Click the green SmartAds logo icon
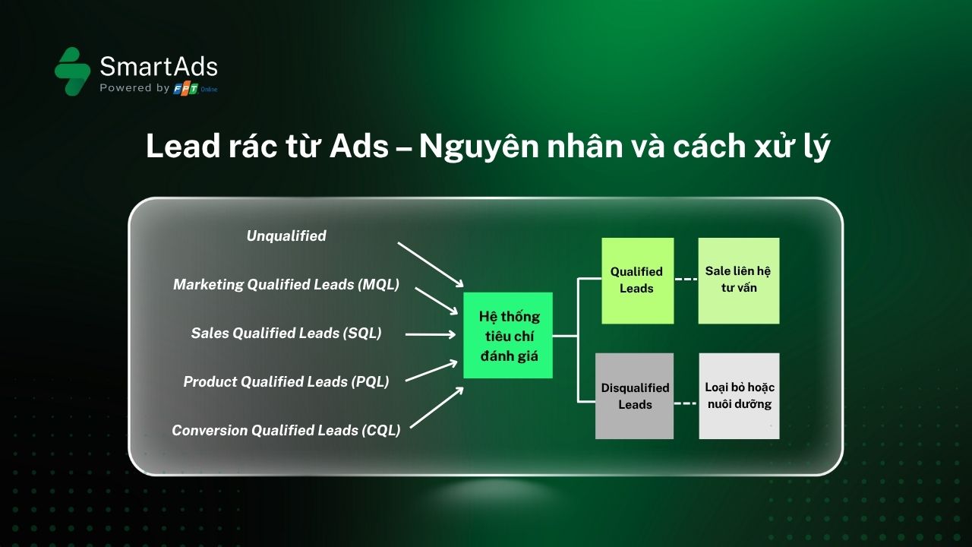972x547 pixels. [x=72, y=71]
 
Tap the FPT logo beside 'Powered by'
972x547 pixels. [x=186, y=89]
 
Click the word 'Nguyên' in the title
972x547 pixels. [x=478, y=147]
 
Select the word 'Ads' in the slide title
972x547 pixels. [x=359, y=147]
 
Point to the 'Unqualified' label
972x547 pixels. [x=286, y=236]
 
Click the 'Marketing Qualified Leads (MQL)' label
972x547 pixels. [x=286, y=284]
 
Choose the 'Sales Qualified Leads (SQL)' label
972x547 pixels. [x=286, y=333]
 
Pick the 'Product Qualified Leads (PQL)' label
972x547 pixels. [x=286, y=381]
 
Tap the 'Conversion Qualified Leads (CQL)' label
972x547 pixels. [x=286, y=430]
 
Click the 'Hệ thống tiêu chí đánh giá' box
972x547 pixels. [x=508, y=335]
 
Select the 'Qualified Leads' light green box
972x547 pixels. [x=637, y=280]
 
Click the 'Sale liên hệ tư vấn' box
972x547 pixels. [x=739, y=280]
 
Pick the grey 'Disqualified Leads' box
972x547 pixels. [x=634, y=396]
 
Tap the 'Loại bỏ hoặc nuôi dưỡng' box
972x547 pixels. [x=739, y=396]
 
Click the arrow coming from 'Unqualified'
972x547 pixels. [x=431, y=265]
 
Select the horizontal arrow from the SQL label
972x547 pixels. [x=431, y=334]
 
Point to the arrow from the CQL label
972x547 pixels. [x=437, y=407]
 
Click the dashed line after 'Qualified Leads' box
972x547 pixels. [x=686, y=279]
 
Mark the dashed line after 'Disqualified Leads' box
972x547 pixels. [x=686, y=403]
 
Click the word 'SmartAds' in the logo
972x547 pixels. [x=159, y=66]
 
